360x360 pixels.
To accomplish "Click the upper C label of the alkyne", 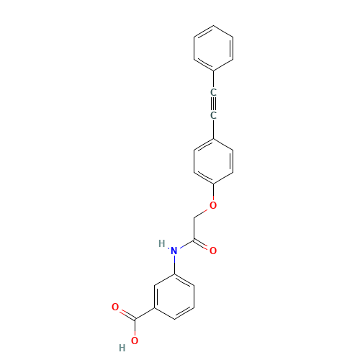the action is (x=213, y=92).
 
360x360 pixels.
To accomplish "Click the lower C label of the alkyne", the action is (x=213, y=114).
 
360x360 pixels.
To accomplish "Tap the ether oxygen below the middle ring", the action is (x=213, y=205).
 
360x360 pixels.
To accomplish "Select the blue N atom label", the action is (x=174, y=251).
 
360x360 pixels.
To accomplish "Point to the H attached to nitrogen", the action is (x=161, y=243).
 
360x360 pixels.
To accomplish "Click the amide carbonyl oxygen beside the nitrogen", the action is (x=213, y=250).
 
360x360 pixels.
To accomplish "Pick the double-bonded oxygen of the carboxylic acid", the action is (x=116, y=307).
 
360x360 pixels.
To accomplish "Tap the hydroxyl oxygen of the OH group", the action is (x=135, y=341).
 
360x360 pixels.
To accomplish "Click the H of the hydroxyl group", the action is (x=122, y=348).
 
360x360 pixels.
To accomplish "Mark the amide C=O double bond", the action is (x=203, y=245).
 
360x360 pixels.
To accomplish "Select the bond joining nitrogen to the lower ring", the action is (x=174, y=262).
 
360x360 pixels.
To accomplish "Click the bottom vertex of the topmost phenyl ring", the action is (x=214, y=70).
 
